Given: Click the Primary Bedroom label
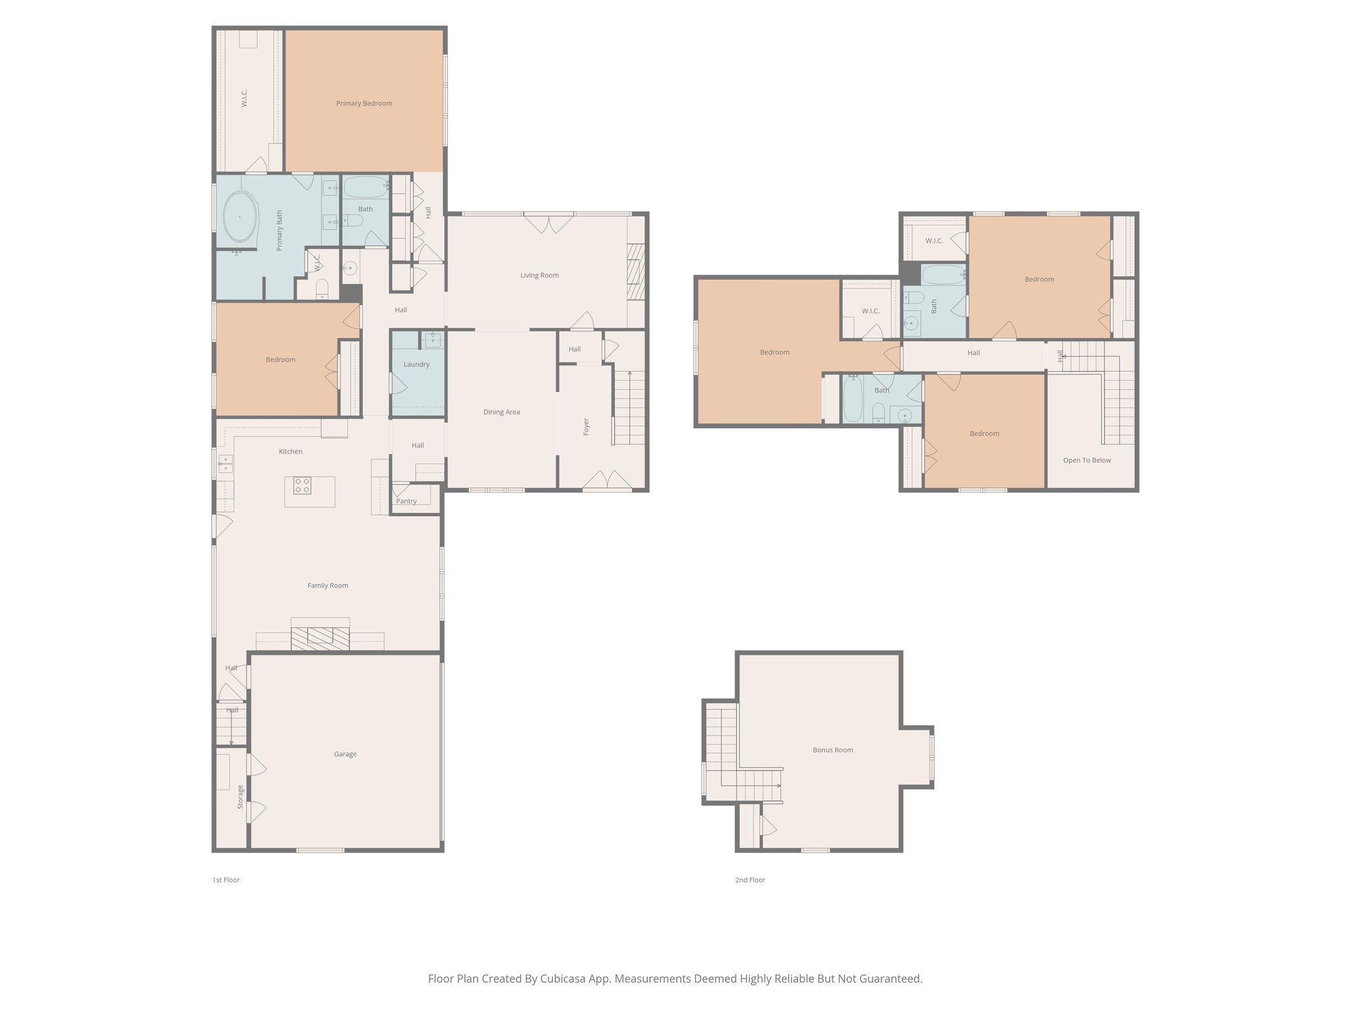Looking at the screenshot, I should point(364,104).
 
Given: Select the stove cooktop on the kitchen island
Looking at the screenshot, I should point(302,486).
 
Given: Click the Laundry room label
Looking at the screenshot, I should point(416,365).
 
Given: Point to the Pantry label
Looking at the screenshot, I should point(406,501).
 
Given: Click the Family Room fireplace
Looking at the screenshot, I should point(321,636).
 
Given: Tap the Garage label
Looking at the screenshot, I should point(345,754).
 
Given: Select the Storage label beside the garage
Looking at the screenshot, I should point(240,797).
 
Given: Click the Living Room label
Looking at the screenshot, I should point(539,276).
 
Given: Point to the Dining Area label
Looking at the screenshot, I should point(501,412).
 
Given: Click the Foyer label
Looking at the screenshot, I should point(586,426).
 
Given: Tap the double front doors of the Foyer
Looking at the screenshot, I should point(608,481).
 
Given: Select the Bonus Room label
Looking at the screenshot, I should point(833,750).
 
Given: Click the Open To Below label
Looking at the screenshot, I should point(1086,460).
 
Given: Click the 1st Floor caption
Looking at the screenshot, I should point(226,880).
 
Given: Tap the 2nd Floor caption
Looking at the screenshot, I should point(750,880).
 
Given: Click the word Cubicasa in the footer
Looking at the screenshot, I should point(564,979).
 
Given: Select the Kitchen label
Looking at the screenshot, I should point(290,452).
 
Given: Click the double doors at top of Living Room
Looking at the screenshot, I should point(550,223).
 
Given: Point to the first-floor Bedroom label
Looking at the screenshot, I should point(280,360).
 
